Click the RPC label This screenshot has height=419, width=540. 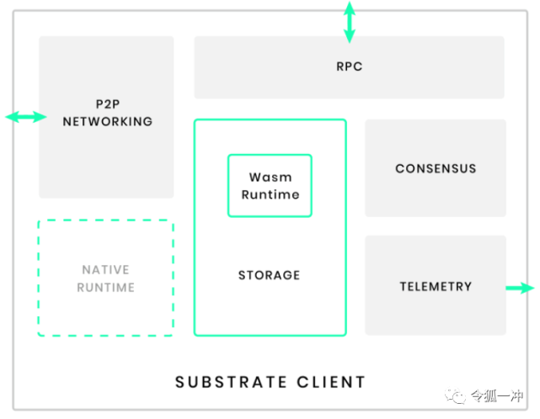point(349,66)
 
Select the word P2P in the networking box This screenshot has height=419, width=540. point(107,104)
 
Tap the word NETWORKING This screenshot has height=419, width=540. point(107,121)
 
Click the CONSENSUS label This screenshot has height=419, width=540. point(436,168)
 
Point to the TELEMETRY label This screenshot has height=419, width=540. point(436,286)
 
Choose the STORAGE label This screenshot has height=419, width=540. point(269,275)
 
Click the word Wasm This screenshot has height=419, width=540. point(270,178)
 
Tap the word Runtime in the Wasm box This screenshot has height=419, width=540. point(270,194)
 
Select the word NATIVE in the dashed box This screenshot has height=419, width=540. point(105,270)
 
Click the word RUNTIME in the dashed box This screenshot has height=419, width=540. point(105,288)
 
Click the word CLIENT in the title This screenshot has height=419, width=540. point(331,382)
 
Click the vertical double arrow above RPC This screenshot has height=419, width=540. point(349,22)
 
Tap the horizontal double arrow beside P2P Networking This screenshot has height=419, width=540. point(25,117)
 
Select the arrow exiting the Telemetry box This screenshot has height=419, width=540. point(521,288)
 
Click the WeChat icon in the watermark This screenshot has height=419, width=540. point(456,395)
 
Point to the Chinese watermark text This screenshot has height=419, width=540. point(497,395)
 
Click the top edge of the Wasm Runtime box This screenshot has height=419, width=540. point(270,155)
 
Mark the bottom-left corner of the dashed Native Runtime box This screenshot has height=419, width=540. point(39,335)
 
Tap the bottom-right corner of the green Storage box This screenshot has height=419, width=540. point(345,335)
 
